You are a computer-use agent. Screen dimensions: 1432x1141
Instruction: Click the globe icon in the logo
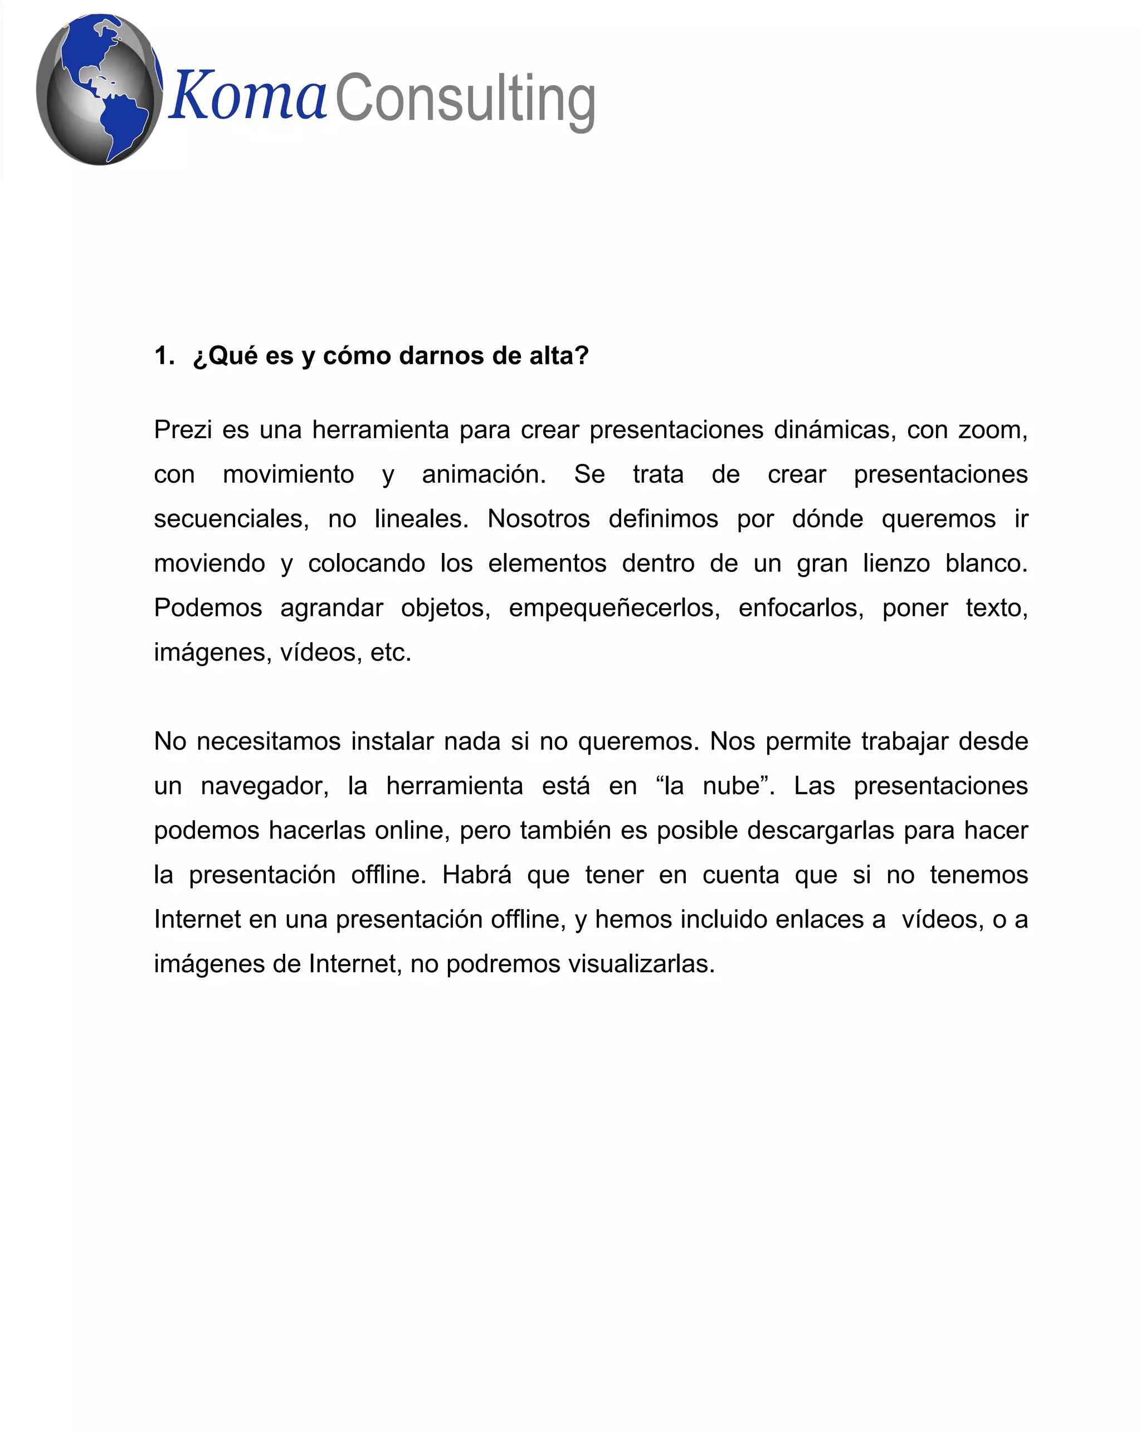click(x=99, y=89)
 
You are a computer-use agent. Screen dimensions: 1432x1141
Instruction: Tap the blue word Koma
click(x=247, y=97)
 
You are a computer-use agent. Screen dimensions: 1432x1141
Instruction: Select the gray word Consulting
click(x=465, y=100)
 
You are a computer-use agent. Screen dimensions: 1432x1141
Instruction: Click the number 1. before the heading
click(x=164, y=356)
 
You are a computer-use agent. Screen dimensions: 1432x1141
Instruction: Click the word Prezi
click(x=183, y=430)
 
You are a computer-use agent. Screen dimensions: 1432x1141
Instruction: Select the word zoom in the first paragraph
click(x=991, y=430)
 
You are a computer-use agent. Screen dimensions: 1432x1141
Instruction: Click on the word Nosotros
click(x=538, y=520)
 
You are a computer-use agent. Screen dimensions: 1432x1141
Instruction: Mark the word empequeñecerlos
click(x=614, y=608)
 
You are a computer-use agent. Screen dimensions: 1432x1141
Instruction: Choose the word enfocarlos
click(x=801, y=608)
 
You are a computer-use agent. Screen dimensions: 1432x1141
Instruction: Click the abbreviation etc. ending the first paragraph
click(x=391, y=653)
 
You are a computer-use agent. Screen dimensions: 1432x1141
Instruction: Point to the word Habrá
click(x=476, y=875)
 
